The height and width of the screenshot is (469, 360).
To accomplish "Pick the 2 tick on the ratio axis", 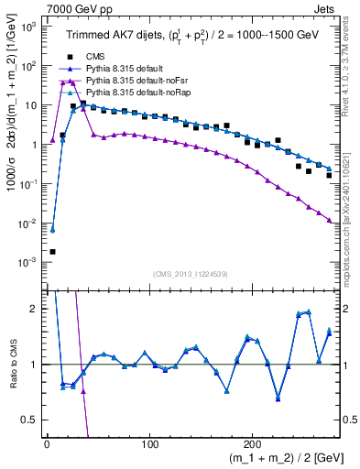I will tap(33, 309).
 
